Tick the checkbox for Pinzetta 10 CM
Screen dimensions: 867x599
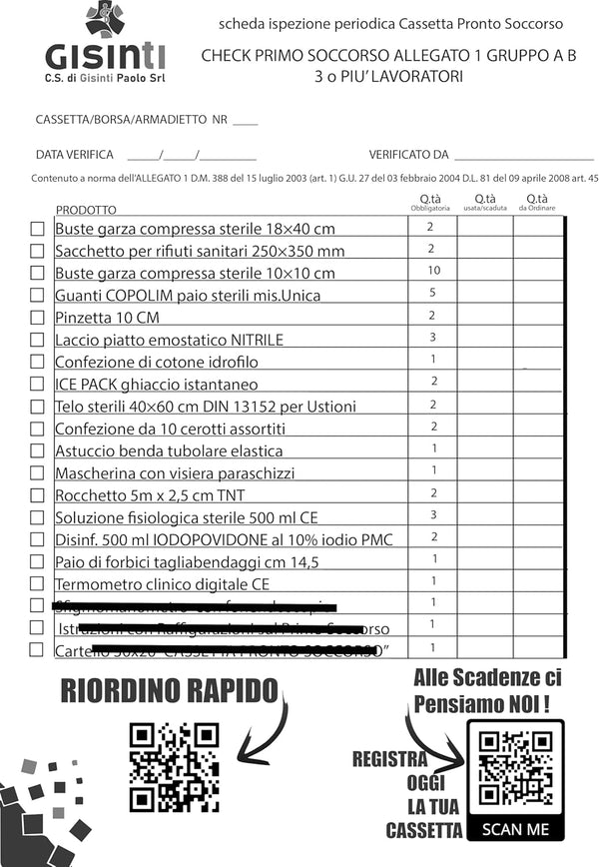click(x=37, y=318)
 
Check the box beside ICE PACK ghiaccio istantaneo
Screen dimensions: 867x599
click(x=37, y=384)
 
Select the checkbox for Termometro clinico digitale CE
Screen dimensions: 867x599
click(x=37, y=583)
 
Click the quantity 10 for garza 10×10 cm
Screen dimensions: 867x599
click(x=433, y=271)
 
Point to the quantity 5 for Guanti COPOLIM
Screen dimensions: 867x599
click(x=433, y=293)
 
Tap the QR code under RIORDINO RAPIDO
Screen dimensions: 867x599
click(x=174, y=766)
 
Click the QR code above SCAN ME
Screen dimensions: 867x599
click(x=515, y=767)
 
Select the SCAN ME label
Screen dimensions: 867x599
click(x=515, y=829)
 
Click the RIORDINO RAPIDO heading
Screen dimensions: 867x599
click(x=170, y=689)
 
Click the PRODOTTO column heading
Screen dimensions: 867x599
click(x=86, y=210)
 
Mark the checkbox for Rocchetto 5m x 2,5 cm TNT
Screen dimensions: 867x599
click(x=37, y=494)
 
